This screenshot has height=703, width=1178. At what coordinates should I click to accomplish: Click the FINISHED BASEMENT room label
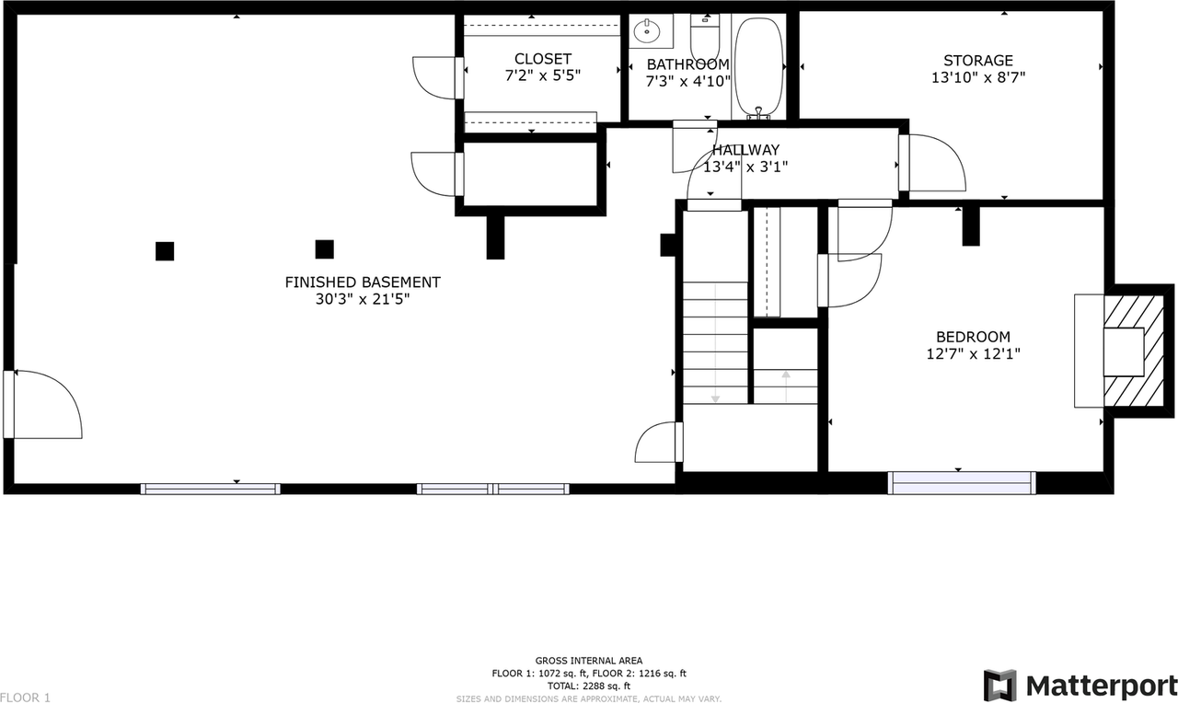[x=363, y=282]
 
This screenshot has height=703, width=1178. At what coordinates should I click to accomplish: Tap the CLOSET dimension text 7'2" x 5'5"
[x=543, y=75]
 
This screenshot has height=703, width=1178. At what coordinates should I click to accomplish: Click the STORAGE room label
[x=977, y=61]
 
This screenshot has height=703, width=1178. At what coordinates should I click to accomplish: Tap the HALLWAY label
[x=745, y=150]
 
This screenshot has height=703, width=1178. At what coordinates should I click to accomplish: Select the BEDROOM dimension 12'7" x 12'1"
[x=973, y=353]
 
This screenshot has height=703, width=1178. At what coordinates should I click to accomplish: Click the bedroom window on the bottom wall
[x=962, y=482]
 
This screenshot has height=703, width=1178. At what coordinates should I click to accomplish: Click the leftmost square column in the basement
[x=165, y=250]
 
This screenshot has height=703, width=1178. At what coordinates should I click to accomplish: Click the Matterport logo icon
[x=1000, y=686]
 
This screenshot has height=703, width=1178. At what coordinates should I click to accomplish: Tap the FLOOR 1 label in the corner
[x=26, y=697]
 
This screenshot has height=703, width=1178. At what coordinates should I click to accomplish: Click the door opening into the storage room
[x=932, y=164]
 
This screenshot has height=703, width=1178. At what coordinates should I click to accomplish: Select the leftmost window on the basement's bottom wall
[x=211, y=489]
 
